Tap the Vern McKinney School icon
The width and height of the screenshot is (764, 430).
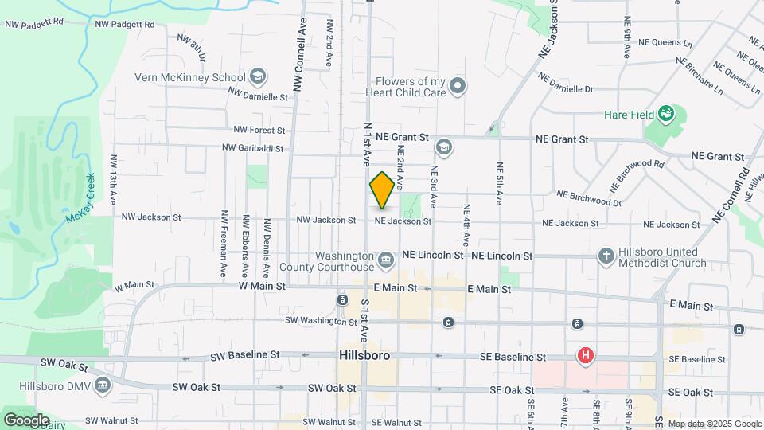pos(257,77)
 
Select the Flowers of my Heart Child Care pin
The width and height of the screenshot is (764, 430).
pos(457,86)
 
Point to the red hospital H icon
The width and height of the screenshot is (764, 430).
pos(586,354)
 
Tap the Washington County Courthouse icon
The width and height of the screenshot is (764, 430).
pos(385,259)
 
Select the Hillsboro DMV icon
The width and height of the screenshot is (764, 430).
pos(102,386)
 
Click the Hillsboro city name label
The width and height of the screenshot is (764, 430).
pos(364,355)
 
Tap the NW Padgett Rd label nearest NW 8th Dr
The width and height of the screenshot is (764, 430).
pos(123,24)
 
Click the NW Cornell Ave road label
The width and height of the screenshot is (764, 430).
pos(299,55)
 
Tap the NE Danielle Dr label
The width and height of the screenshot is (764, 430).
pos(566,84)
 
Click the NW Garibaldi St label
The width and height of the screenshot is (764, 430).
pos(253,147)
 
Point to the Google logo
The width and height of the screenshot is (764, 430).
pos(26,420)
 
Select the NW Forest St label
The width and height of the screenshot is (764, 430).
pos(259,130)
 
